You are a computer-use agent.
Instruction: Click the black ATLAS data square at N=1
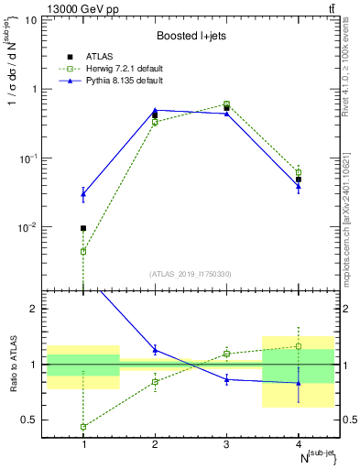point(83,228)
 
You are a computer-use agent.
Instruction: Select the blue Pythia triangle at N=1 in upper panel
point(83,193)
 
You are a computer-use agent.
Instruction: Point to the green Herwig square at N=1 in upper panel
point(83,251)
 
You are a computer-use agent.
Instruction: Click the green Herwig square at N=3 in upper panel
point(226,104)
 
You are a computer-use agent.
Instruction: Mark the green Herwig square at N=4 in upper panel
point(298,172)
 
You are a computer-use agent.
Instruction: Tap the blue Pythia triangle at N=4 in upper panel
point(298,186)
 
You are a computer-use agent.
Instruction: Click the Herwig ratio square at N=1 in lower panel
point(83,427)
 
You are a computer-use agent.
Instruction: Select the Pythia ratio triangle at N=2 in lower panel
point(155,350)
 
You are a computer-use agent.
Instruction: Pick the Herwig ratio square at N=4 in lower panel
point(298,346)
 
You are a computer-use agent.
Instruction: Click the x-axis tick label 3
point(226,444)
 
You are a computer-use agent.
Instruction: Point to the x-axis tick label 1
point(83,444)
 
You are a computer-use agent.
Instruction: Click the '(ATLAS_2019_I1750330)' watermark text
point(190,273)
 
